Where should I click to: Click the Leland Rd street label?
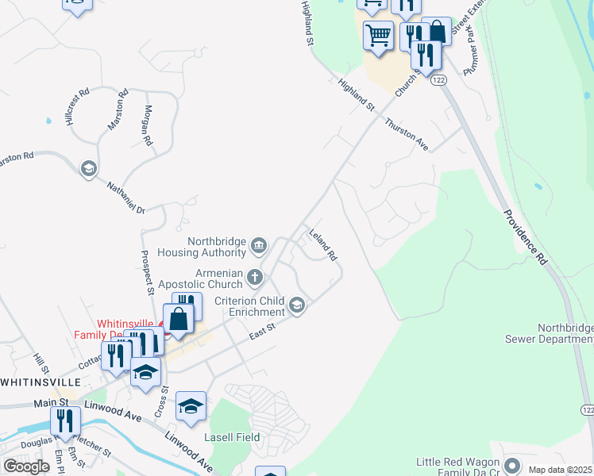point(322,245)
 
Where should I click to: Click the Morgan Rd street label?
point(148,125)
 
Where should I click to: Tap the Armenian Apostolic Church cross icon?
point(254,277)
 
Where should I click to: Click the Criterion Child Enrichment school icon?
point(297,305)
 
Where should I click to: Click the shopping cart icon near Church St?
point(378,35)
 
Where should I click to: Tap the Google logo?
point(26,466)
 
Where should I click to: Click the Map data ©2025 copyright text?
point(560,470)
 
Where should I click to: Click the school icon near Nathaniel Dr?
point(89,167)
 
